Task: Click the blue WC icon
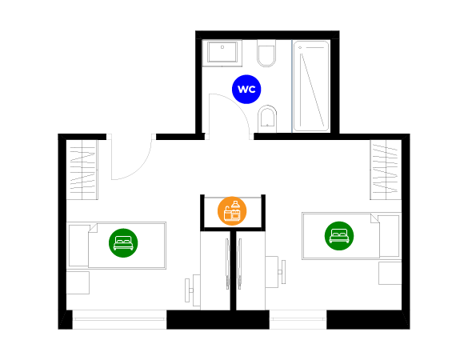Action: click(246, 90)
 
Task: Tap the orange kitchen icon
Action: click(232, 211)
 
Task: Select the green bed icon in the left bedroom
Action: click(123, 243)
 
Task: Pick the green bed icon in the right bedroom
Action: click(339, 236)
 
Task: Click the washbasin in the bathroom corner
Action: click(222, 53)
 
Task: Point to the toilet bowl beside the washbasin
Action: click(266, 54)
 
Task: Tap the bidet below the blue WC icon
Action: click(267, 118)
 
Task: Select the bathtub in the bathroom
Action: click(311, 86)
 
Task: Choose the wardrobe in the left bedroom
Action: click(82, 170)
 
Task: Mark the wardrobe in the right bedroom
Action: click(386, 170)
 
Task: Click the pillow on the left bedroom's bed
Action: click(78, 246)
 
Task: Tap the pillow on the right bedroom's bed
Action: click(389, 236)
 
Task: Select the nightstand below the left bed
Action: click(78, 282)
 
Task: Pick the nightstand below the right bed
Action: click(390, 273)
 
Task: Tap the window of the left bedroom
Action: click(119, 319)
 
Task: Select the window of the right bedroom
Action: click(298, 319)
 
